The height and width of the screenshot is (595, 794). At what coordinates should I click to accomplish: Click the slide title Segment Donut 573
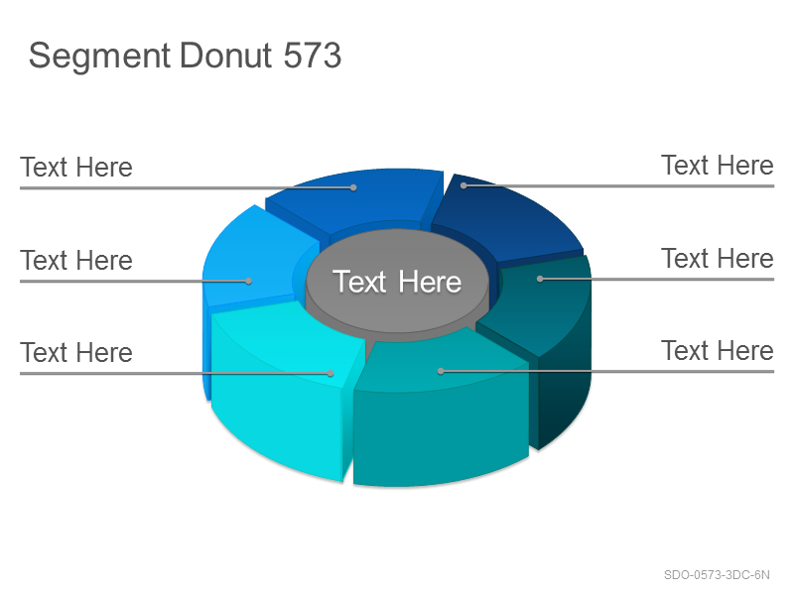(x=185, y=57)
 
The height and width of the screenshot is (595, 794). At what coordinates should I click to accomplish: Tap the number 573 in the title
(x=313, y=55)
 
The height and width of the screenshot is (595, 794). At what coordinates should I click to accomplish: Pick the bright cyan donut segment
(x=284, y=390)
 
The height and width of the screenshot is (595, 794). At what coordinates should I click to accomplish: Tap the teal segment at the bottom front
(x=441, y=410)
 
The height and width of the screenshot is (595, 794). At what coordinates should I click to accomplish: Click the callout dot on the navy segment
(x=463, y=185)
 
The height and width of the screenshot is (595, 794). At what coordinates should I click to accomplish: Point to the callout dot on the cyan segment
(x=331, y=374)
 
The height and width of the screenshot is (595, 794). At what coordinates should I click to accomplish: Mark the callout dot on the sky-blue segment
(x=249, y=281)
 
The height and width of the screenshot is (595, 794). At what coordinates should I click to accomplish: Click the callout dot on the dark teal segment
(x=540, y=279)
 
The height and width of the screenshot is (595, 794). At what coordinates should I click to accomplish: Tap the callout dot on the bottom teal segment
(x=441, y=371)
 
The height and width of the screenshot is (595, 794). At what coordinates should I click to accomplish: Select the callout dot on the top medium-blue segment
(x=353, y=187)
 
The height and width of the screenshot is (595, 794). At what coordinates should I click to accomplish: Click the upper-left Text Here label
(x=76, y=168)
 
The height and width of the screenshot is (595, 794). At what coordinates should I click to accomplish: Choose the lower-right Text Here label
(x=718, y=351)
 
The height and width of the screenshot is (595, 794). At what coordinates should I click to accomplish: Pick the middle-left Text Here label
(x=76, y=261)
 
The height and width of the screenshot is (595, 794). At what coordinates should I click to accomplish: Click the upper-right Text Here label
(x=718, y=166)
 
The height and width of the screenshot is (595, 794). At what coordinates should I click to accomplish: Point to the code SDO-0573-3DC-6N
(x=717, y=575)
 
